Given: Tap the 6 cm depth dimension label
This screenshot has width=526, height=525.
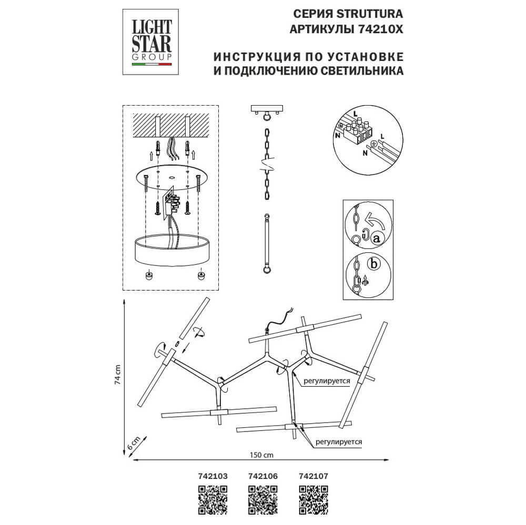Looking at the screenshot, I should pos(135,442).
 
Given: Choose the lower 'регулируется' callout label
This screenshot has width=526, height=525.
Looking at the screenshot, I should pos(340,442).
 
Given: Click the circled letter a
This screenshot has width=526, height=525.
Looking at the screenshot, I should pos(376,238).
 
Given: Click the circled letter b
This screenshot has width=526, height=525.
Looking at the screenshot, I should pos(373,264).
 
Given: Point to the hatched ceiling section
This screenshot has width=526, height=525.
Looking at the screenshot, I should pos(170,126).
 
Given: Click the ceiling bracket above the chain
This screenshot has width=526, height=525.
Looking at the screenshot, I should pos(268,110).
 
